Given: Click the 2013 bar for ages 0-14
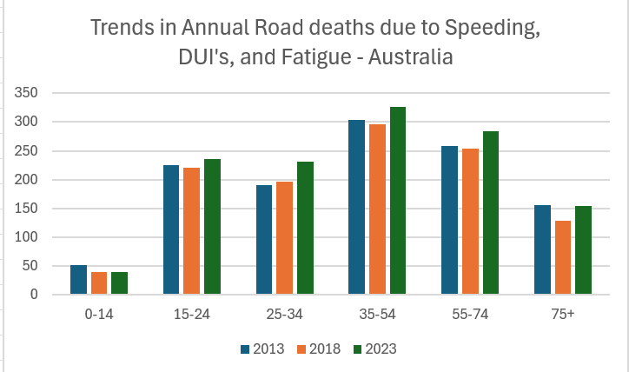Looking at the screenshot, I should [78, 280].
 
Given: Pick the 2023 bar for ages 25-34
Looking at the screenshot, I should [305, 228].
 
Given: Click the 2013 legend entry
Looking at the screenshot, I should [262, 349].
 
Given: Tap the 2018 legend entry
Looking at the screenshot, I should [315, 349].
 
